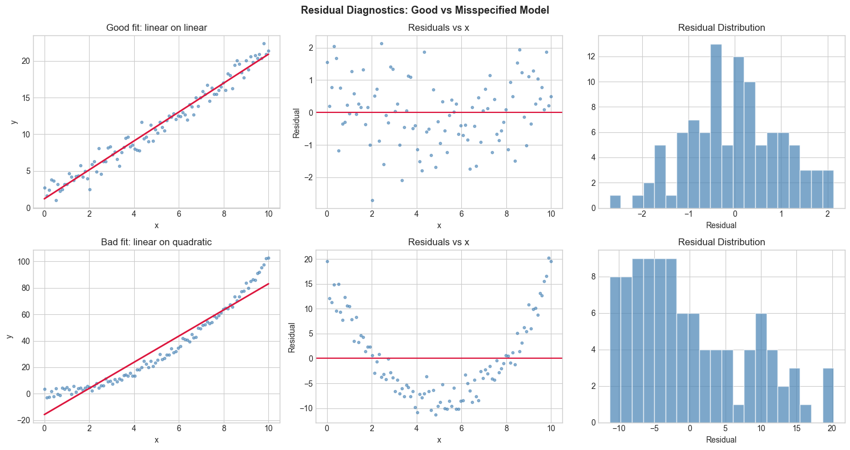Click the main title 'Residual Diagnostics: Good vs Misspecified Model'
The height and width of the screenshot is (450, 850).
click(x=425, y=10)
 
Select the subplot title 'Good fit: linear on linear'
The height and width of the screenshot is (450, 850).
click(x=156, y=28)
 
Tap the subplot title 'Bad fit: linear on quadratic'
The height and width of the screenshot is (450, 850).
click(x=156, y=242)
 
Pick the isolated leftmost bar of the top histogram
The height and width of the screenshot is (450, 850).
click(x=615, y=201)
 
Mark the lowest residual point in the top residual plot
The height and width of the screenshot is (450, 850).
click(x=372, y=200)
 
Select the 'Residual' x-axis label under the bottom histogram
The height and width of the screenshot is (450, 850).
click(x=721, y=440)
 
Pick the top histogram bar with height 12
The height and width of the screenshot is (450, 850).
click(x=739, y=132)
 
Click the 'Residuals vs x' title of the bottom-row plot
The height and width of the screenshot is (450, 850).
click(x=439, y=242)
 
